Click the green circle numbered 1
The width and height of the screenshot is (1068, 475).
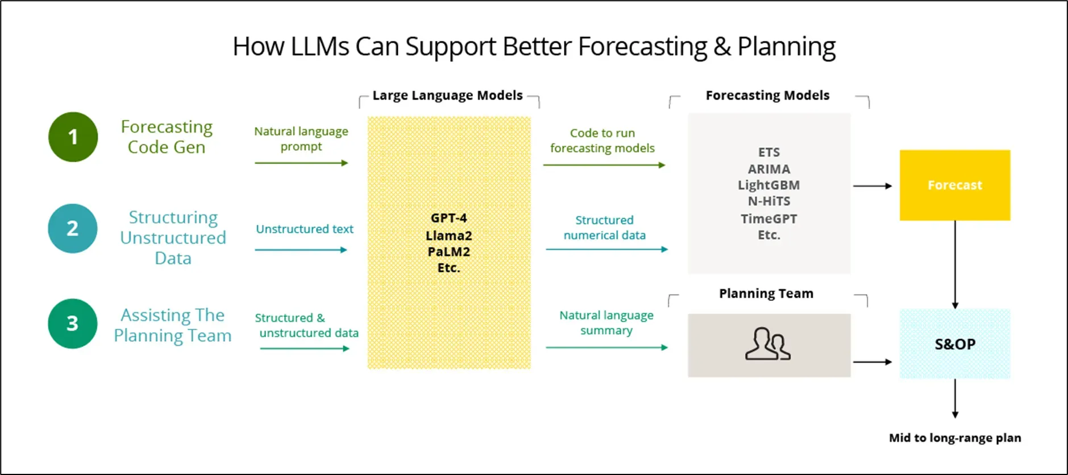[x=73, y=137]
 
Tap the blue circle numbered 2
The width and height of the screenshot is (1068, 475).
[x=73, y=228]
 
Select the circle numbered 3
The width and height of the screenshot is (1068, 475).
[x=73, y=323]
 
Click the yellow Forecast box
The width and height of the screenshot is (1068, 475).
[x=954, y=185]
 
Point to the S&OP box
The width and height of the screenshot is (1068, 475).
[x=954, y=344]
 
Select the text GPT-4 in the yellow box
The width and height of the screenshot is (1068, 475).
[x=448, y=218]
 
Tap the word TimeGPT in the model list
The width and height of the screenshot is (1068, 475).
[x=768, y=218]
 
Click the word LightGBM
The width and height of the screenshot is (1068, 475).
[x=768, y=185]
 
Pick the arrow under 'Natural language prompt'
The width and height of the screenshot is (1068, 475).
[x=301, y=163]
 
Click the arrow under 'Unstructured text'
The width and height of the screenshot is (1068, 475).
[x=301, y=250]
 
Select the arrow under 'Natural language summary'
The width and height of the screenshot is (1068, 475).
[x=606, y=347]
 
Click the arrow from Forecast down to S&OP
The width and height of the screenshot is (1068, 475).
[x=955, y=265]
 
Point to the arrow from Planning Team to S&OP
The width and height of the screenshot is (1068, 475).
[x=872, y=362]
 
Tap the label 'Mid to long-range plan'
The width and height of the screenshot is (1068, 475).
[x=955, y=438]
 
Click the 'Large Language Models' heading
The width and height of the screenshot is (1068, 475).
[x=447, y=95]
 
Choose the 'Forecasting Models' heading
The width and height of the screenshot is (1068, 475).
[x=767, y=95]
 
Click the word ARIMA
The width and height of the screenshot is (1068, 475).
[x=768, y=169]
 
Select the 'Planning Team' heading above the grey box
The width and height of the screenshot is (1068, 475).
[x=766, y=294]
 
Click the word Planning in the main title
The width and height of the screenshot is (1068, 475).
[x=786, y=47]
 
